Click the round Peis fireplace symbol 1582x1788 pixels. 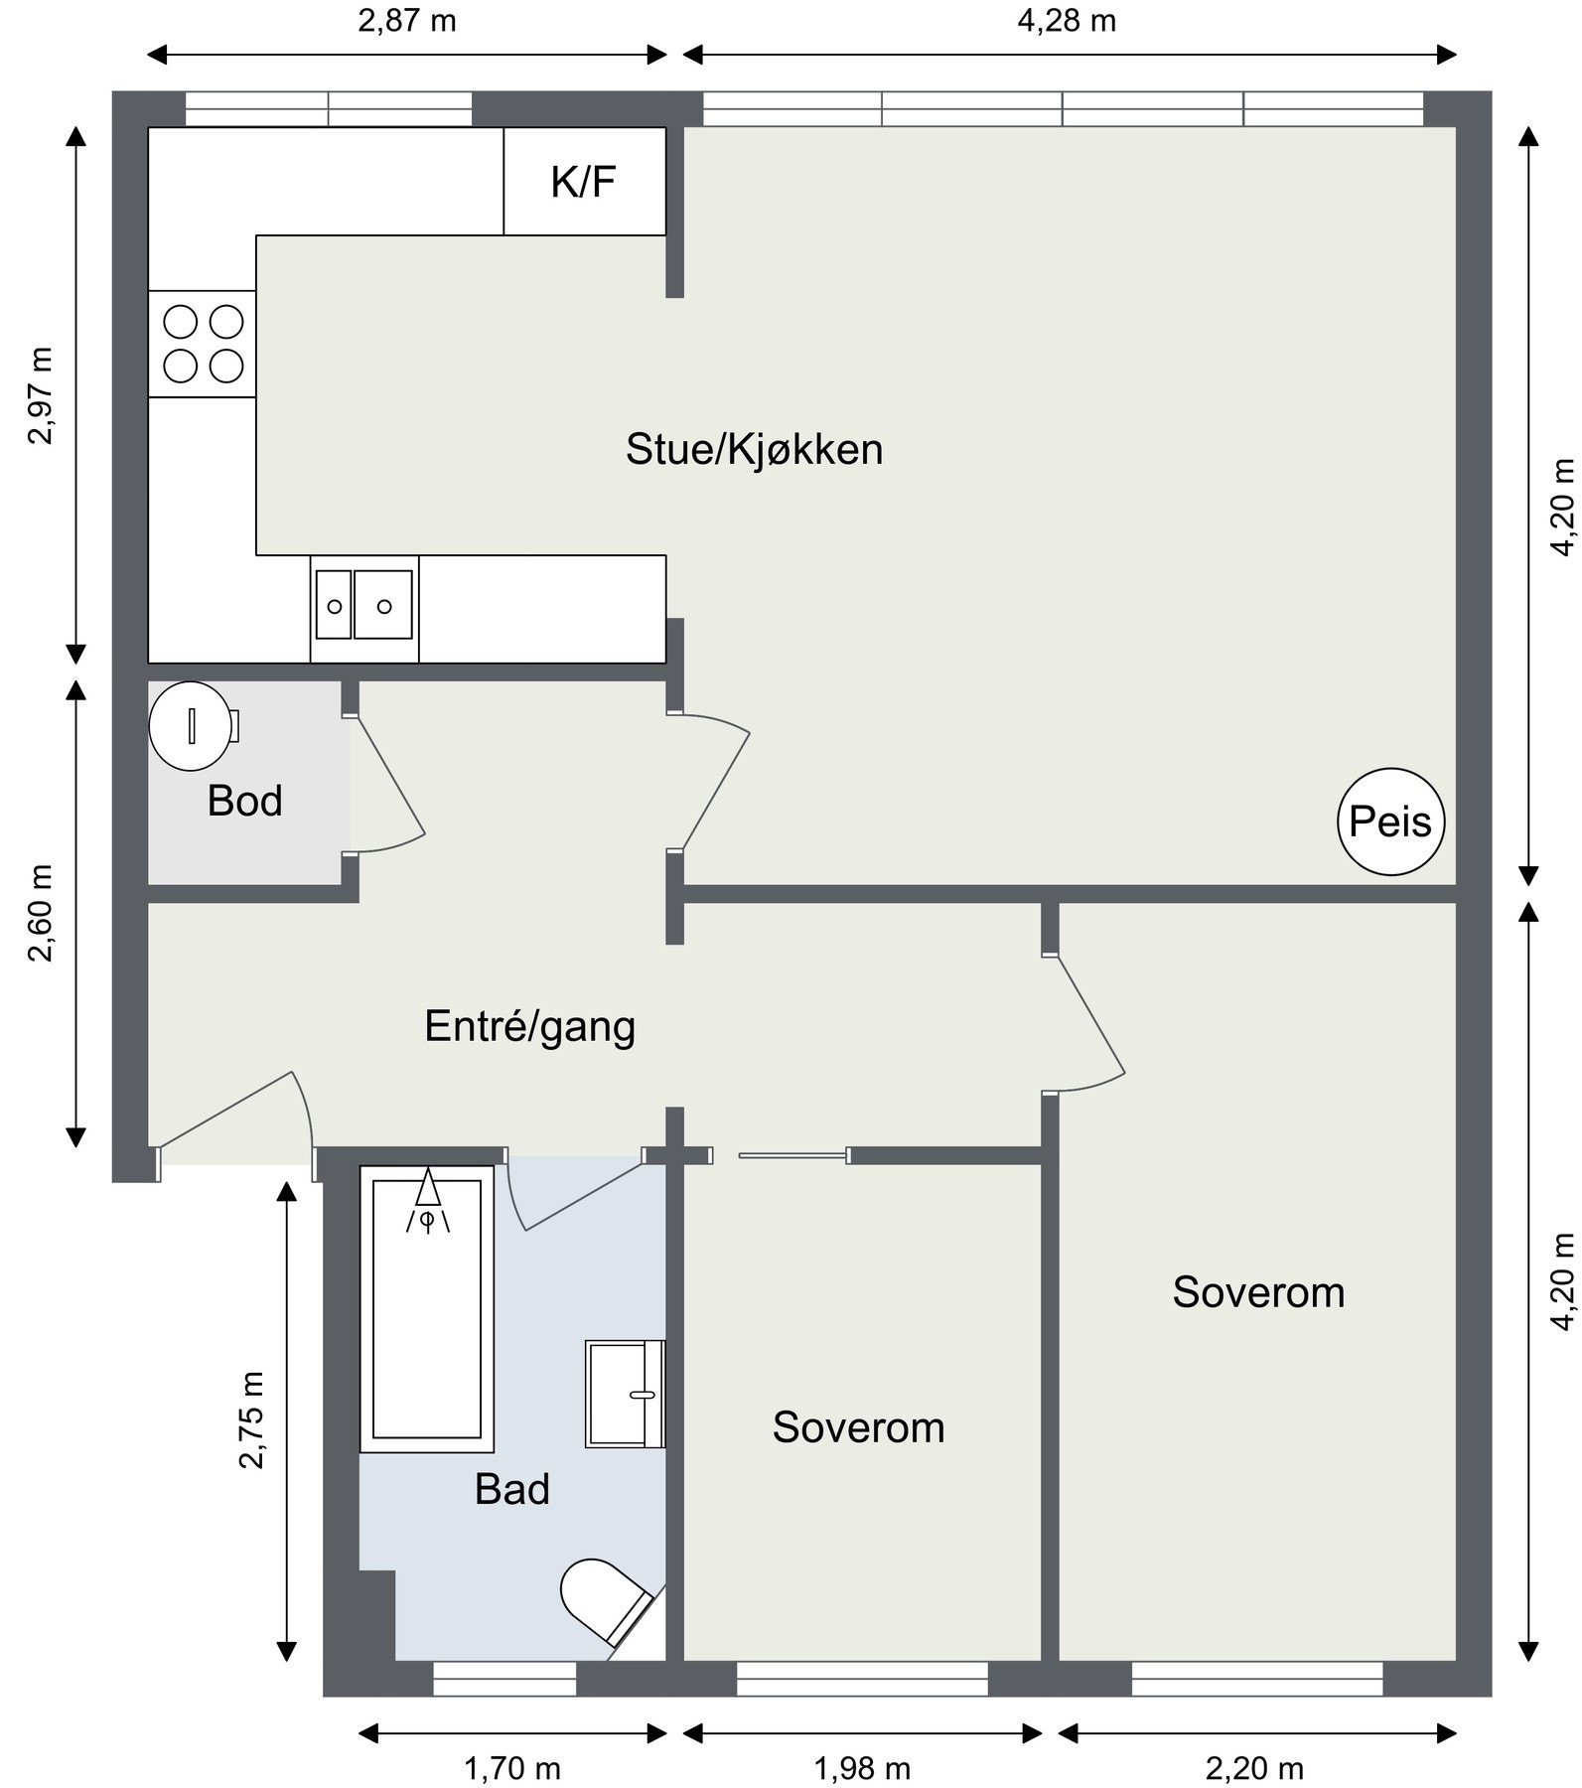click(1390, 821)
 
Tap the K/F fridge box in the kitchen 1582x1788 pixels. click(584, 182)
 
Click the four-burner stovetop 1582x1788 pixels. click(203, 344)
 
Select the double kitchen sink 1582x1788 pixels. click(364, 606)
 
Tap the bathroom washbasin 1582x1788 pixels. click(624, 1393)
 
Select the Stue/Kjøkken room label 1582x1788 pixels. click(754, 449)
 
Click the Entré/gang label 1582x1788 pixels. click(529, 1026)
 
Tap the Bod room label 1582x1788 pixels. click(244, 801)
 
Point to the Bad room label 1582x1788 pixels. click(511, 1489)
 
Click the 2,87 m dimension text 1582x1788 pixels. click(407, 21)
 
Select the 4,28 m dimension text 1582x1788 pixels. click(1067, 21)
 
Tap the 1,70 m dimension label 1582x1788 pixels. click(512, 1768)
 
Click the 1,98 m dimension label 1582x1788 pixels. click(862, 1768)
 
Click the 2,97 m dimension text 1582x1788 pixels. click(41, 395)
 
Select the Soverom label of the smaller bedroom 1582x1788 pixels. click(858, 1427)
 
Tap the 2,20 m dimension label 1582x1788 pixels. click(1255, 1768)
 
